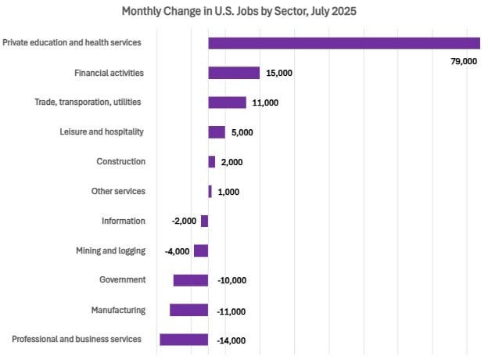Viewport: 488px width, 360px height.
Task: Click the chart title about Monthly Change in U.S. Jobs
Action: click(243, 12)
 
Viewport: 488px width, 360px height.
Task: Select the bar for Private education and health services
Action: click(344, 43)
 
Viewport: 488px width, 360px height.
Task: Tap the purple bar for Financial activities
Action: click(234, 73)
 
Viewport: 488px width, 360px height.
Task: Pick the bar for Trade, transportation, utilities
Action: click(227, 103)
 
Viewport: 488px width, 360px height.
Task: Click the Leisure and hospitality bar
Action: click(217, 132)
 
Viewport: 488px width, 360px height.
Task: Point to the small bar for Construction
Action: click(212, 162)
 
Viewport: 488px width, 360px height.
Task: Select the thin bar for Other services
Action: click(210, 192)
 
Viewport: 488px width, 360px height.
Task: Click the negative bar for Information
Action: click(205, 221)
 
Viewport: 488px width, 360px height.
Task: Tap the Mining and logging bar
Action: click(201, 251)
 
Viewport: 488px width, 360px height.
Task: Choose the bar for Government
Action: click(191, 280)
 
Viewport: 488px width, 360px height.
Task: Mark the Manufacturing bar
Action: click(189, 310)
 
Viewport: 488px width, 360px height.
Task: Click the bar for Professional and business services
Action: click(184, 340)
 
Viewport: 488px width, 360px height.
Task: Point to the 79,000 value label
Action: click(464, 61)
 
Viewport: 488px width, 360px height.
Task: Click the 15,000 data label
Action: click(279, 73)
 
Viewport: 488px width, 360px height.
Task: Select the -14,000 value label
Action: click(231, 340)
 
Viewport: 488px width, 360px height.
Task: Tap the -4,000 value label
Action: click(178, 251)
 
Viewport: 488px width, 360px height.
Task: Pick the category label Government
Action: click(122, 280)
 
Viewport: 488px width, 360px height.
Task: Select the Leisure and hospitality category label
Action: click(102, 131)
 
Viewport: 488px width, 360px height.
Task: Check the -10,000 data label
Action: click(231, 281)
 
